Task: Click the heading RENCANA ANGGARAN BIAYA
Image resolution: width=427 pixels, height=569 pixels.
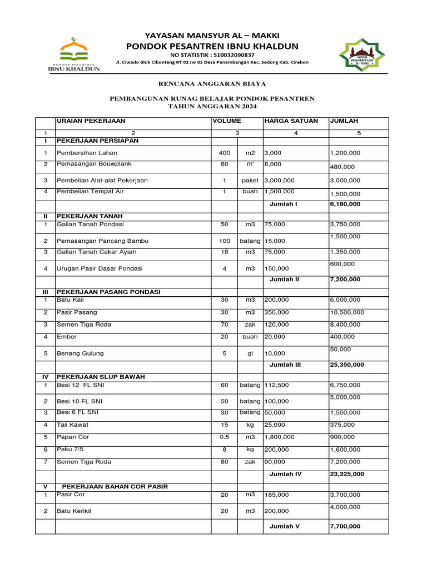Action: (212, 84)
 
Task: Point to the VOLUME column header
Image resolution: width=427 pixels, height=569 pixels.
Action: (226, 121)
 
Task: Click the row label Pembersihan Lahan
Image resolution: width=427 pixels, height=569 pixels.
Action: (87, 153)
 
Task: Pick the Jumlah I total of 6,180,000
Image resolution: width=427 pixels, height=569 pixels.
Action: (345, 204)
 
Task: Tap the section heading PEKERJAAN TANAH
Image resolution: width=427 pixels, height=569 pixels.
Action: (90, 216)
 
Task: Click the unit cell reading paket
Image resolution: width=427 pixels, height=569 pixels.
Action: (250, 181)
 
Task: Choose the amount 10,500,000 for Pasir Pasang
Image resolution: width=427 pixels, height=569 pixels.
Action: (347, 312)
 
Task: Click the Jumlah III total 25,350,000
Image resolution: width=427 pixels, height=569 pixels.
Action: (347, 365)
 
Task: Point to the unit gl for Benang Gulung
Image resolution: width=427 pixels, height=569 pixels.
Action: (250, 353)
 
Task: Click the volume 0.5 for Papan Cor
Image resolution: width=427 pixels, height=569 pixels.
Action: (224, 437)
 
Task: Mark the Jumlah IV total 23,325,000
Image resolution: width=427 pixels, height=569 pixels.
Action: (347, 474)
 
